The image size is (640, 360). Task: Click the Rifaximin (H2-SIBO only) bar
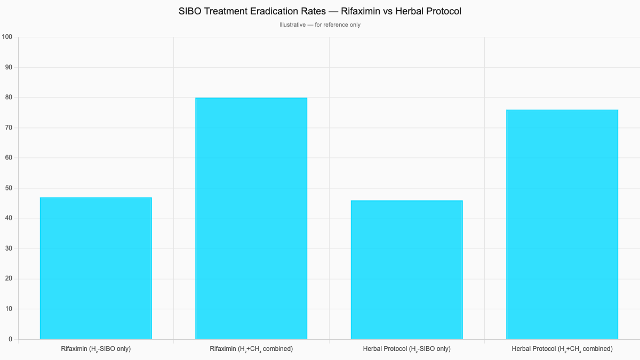coord(96,268)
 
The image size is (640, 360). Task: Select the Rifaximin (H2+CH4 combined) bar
coord(251,219)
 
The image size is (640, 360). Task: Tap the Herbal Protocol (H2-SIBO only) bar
coord(406,270)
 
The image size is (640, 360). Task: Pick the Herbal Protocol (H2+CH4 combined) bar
coord(562,225)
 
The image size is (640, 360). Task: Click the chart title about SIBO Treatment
coord(320,11)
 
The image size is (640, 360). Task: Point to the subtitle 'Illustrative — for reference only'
coord(320,25)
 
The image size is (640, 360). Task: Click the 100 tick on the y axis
coord(7,37)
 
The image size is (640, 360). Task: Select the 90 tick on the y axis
coord(9,67)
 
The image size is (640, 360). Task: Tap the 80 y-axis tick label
coord(9,98)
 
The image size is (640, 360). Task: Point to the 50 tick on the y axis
coord(9,188)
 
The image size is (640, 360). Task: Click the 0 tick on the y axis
coord(10,339)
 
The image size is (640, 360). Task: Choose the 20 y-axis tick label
coord(9,279)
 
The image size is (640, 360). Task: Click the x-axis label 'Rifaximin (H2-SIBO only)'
coord(96,349)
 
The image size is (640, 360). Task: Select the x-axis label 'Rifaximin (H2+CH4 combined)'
coord(251,349)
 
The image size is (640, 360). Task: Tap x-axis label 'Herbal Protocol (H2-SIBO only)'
coord(406,349)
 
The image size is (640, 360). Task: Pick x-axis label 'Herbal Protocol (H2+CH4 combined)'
coord(562,349)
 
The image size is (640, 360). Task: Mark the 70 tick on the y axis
coord(9,128)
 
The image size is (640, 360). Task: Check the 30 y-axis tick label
coord(9,249)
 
